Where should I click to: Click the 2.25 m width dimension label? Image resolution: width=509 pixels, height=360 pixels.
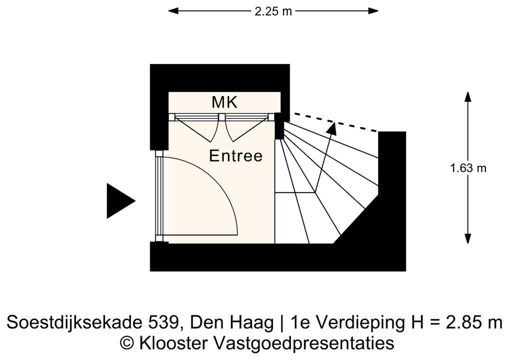273,11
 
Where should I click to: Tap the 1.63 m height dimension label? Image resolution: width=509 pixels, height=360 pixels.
468,168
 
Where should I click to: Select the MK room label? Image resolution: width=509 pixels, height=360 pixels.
224,102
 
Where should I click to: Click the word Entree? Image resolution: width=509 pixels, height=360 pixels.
235,156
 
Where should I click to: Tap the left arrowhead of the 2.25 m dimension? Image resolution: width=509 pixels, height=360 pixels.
173,11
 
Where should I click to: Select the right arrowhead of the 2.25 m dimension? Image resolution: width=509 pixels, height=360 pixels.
373,11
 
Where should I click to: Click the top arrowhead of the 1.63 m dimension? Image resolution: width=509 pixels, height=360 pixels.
468,97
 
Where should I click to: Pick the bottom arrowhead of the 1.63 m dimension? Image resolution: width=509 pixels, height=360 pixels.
468,238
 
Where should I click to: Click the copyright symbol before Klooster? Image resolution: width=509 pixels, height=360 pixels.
127,343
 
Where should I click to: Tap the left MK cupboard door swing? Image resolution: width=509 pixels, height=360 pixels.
198,128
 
